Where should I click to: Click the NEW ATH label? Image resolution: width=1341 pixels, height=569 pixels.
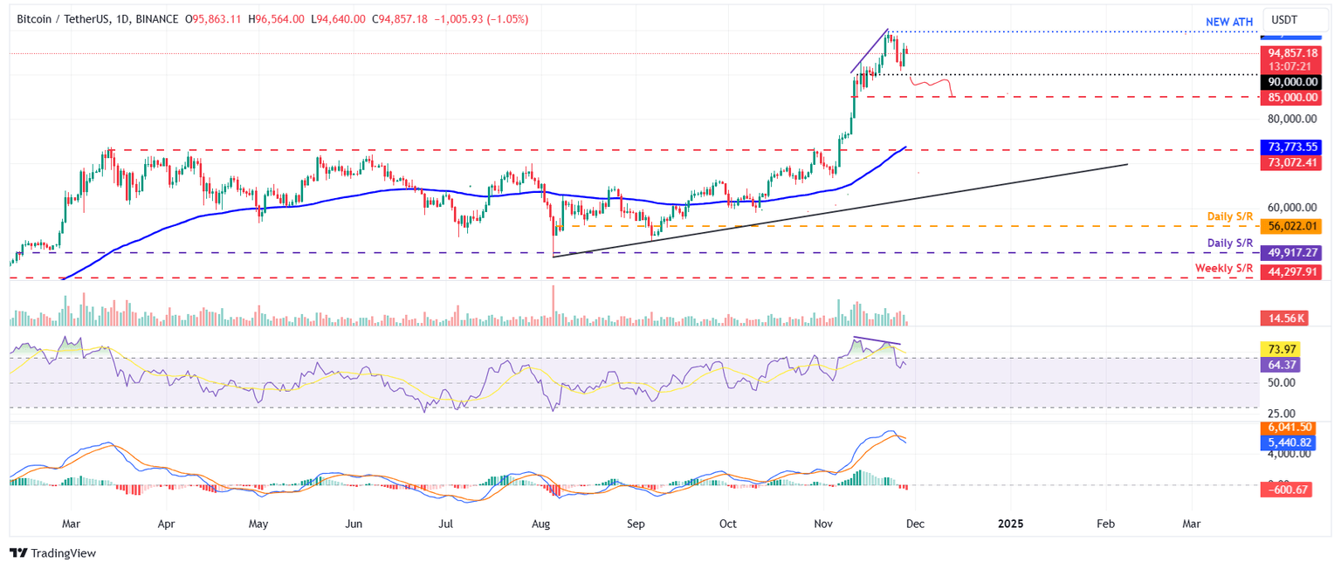1230,21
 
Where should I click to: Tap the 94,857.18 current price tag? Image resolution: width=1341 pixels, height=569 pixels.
1293,52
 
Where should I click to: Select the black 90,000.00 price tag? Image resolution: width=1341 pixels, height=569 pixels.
1293,81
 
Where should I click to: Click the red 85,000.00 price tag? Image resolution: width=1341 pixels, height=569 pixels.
1293,97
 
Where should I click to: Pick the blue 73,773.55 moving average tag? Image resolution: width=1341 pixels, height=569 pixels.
1293,147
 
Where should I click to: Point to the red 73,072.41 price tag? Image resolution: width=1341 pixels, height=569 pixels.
1293,162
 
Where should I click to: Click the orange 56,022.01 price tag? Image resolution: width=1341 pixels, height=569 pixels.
1293,225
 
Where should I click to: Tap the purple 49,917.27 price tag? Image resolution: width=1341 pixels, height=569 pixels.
1293,253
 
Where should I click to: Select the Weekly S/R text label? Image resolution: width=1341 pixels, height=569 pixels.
1224,268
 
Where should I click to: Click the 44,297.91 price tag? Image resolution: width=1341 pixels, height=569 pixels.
1293,272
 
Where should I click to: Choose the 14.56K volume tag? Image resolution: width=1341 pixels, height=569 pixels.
1283,319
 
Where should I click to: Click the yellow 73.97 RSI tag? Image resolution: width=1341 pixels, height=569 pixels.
1283,349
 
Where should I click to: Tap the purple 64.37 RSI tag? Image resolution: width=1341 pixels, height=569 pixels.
1283,364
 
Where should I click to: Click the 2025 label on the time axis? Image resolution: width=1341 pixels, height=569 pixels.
1010,524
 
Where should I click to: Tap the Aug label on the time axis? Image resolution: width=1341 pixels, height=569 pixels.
541,524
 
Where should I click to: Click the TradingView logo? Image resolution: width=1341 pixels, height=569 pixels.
52,553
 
